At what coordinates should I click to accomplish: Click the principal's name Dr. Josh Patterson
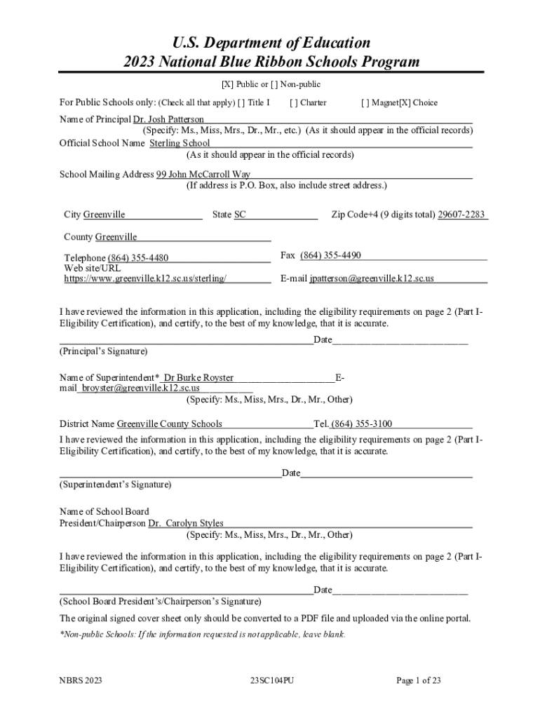click(x=169, y=120)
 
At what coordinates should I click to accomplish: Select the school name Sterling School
click(x=180, y=143)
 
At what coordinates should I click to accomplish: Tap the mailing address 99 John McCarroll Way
click(x=203, y=175)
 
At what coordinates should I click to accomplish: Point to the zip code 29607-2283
click(x=461, y=215)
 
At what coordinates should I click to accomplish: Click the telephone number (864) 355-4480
click(x=138, y=258)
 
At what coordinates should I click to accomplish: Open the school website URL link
click(x=145, y=278)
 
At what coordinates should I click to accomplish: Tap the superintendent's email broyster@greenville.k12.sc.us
click(x=140, y=388)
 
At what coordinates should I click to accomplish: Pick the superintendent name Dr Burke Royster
click(x=198, y=378)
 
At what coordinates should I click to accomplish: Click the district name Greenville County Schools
click(x=170, y=424)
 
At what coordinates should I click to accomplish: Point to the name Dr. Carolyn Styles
click(x=186, y=523)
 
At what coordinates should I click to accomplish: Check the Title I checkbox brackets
click(x=241, y=102)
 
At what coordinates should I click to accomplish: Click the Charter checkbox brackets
click(x=292, y=102)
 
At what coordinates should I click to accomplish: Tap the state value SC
click(x=240, y=215)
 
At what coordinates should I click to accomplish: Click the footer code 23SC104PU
click(x=271, y=680)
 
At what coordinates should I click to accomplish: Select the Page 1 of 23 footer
click(x=419, y=680)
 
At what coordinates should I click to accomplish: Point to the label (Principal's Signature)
click(x=104, y=351)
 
